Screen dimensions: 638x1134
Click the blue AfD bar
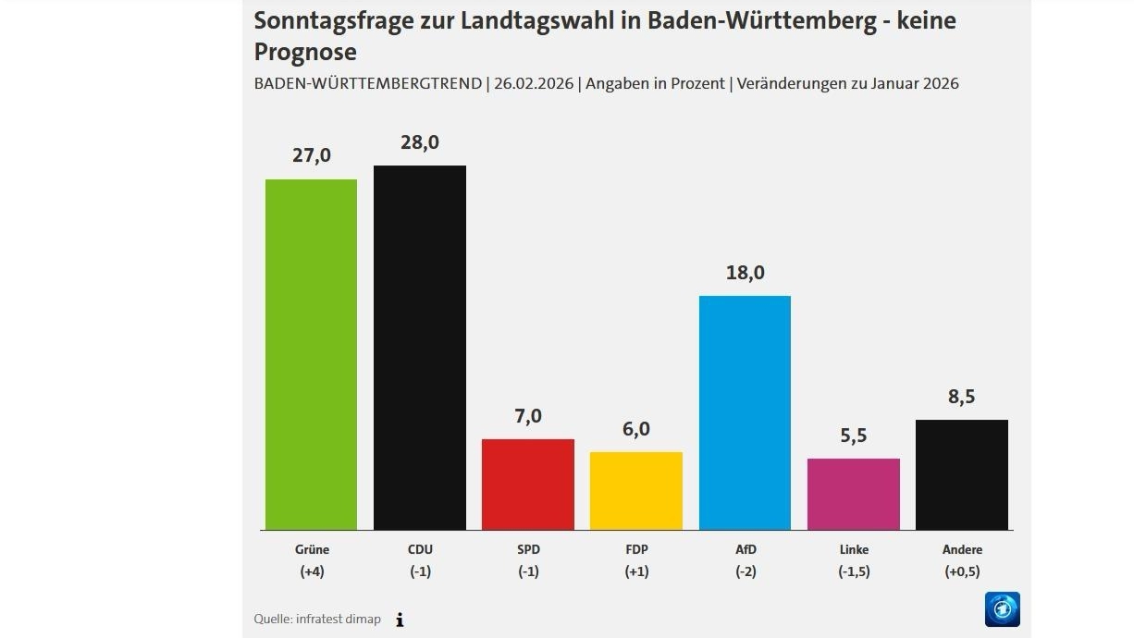[x=745, y=412]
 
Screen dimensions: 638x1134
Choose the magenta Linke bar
[x=853, y=494]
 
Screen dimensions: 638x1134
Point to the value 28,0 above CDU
[x=419, y=142]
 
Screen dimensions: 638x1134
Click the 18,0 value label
[x=746, y=273]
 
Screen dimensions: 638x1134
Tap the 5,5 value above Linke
[x=854, y=436]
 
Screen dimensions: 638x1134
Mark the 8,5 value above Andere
[x=962, y=397]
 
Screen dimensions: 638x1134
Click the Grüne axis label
[x=311, y=549]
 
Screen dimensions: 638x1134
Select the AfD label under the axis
[x=746, y=549]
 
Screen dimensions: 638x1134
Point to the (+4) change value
[x=311, y=571]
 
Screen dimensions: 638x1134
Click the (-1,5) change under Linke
[x=854, y=571]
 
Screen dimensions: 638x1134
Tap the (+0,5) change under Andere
[x=962, y=571]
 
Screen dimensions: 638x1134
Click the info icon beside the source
[x=400, y=620]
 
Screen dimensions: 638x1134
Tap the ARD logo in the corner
[x=1002, y=609]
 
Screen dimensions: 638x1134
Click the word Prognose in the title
[x=305, y=51]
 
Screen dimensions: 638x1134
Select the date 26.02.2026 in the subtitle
[x=534, y=83]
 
